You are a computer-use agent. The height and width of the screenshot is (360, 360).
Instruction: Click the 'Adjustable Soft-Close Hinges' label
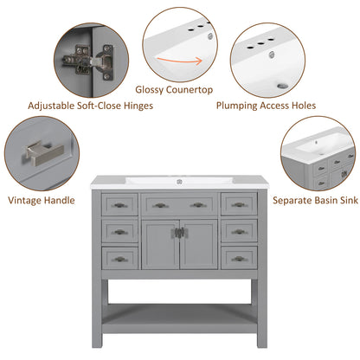91,106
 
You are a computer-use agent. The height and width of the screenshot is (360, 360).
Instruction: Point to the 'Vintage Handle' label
41,199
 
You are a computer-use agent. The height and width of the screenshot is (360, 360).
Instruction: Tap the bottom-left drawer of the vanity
119,258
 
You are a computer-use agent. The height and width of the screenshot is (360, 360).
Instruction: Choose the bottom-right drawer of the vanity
239,258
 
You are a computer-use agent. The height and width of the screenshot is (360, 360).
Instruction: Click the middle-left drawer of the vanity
119,232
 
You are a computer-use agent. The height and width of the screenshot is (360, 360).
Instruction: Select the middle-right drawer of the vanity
239,232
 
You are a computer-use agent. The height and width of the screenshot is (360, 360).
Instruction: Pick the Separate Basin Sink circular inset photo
317,156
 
